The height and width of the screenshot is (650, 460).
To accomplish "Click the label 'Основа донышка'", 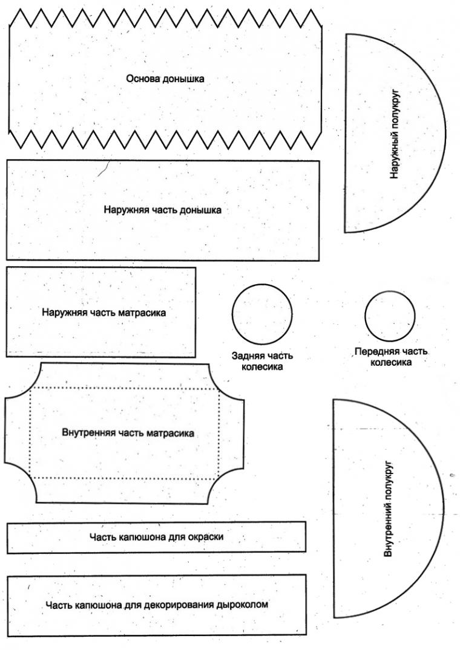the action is click(165, 79).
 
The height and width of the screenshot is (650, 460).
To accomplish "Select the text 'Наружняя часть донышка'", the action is click(162, 210).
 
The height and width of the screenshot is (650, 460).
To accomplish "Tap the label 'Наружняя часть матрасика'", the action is click(103, 312).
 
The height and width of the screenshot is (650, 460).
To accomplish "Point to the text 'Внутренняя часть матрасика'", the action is click(128, 433).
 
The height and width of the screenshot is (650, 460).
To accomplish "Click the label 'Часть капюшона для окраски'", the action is click(156, 537).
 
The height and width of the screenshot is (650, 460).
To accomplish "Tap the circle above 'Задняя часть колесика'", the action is click(261, 284).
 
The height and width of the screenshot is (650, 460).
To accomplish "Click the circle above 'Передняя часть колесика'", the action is click(390, 291).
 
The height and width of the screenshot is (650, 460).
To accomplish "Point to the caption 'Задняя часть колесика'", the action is click(262, 361).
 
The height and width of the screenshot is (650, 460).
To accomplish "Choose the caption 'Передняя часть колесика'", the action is click(391, 357).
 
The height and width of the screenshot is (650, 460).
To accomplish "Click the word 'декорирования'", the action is click(179, 605).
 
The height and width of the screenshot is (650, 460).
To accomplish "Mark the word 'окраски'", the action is click(206, 537).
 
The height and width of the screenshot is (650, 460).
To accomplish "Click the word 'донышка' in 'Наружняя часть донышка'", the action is click(200, 210).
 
